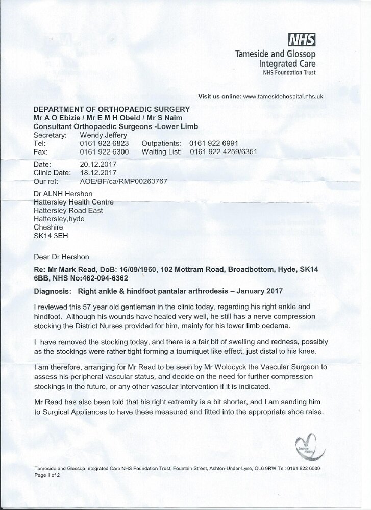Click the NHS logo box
302,39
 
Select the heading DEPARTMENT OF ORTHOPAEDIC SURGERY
111,109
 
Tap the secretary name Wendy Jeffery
104,135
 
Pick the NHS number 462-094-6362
104,278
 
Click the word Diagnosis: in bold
52,292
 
